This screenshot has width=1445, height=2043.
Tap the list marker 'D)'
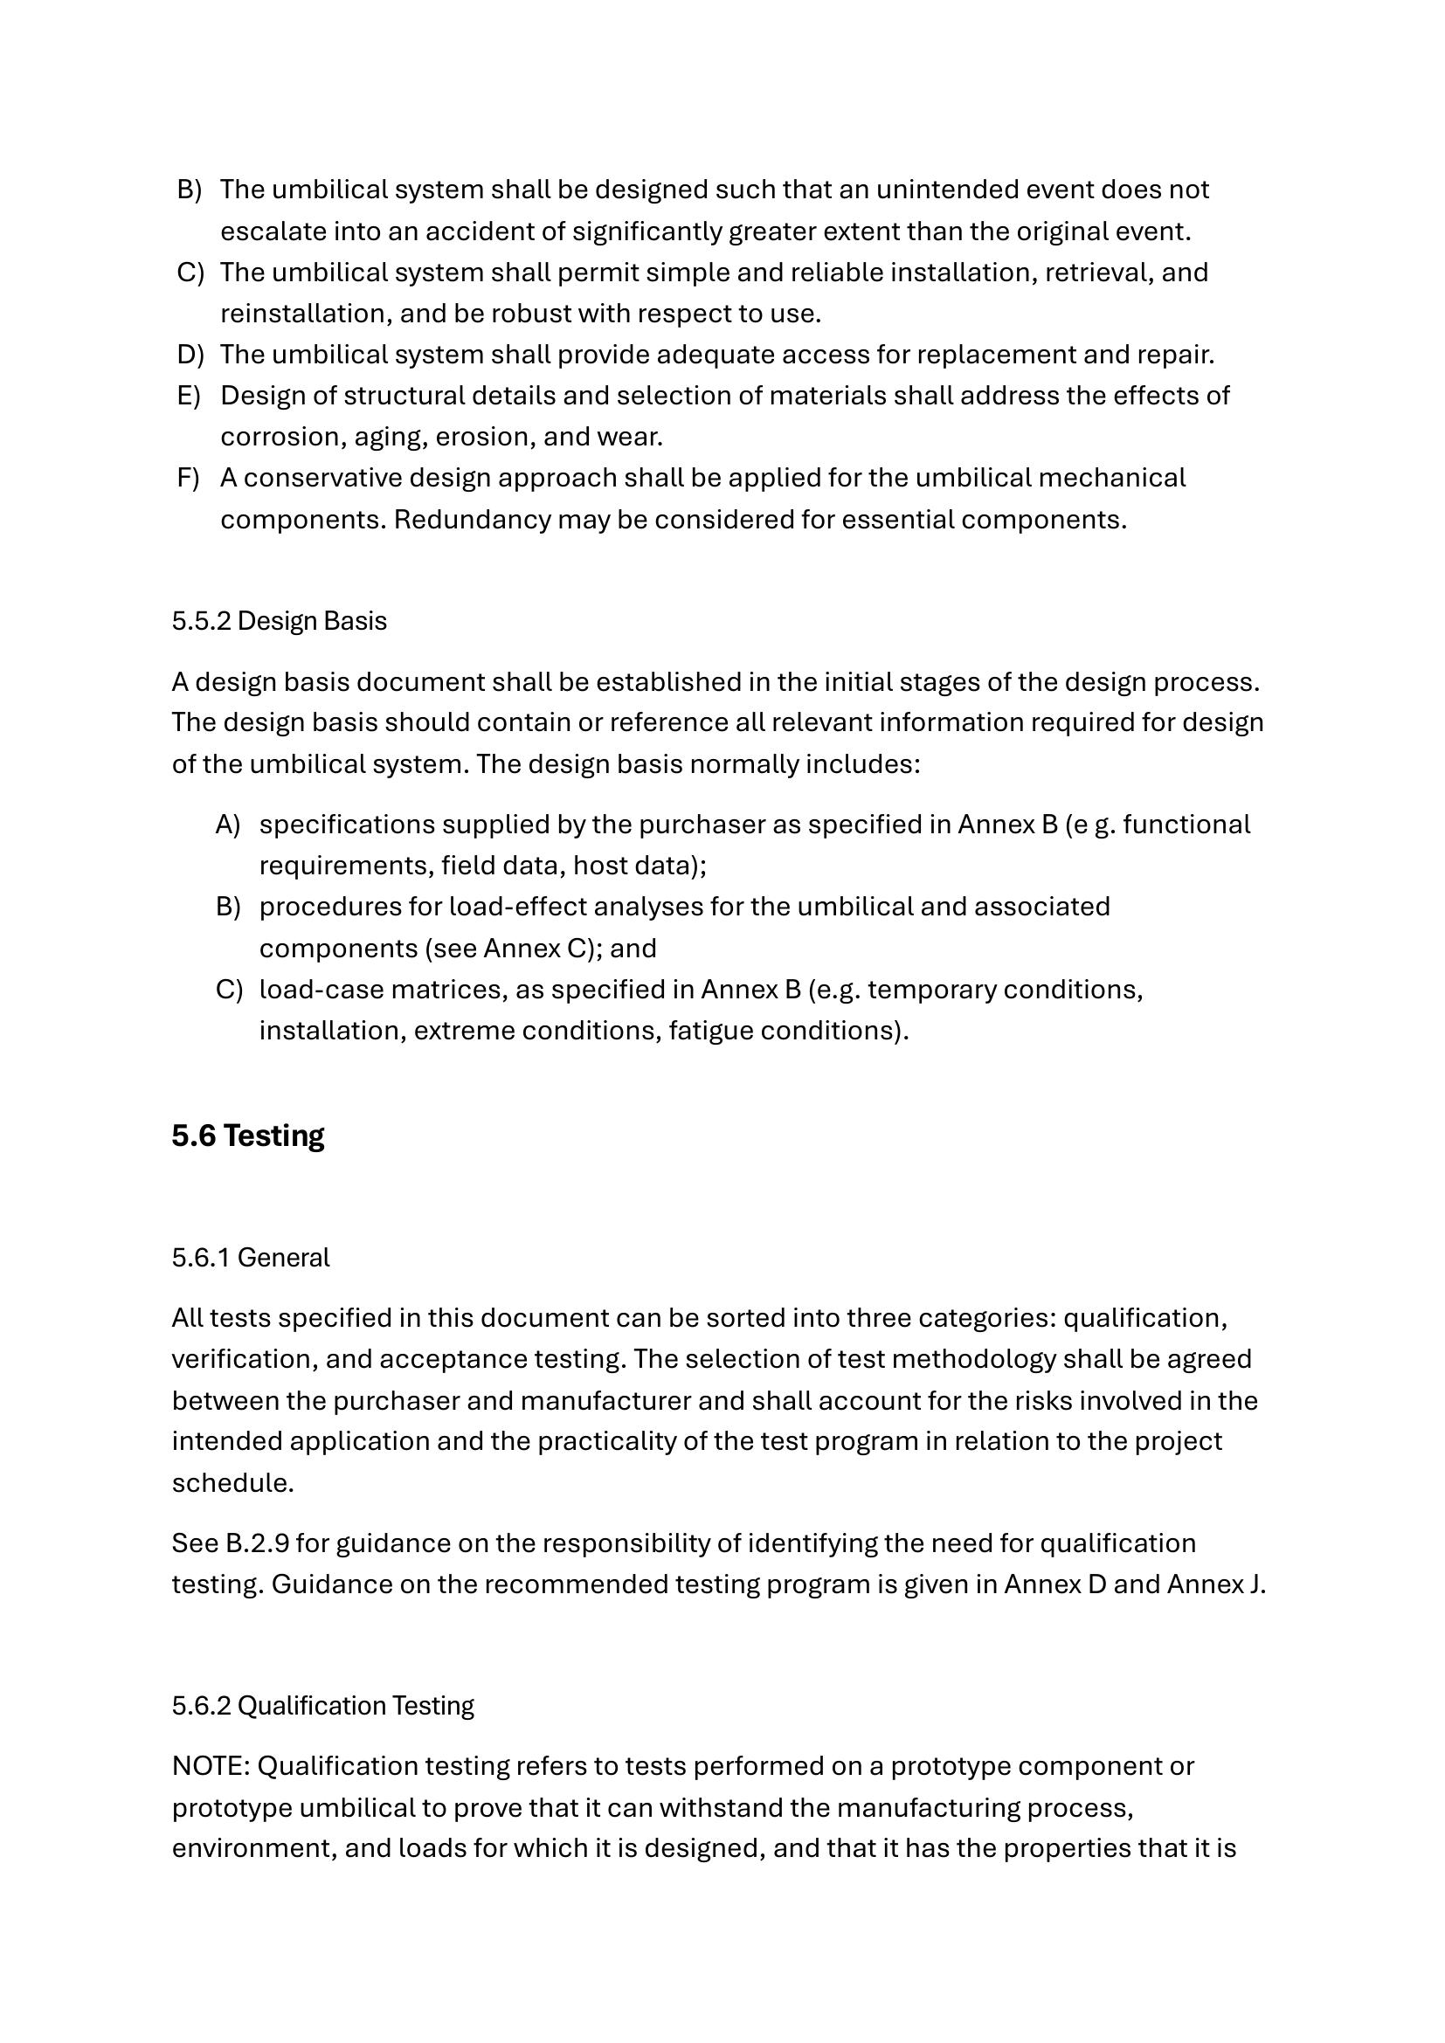pyautogui.click(x=190, y=354)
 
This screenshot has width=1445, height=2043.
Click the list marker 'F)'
pyautogui.click(x=189, y=478)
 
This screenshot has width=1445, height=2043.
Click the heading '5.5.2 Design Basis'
pyautogui.click(x=280, y=621)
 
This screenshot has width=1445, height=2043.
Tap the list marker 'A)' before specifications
pyautogui.click(x=228, y=825)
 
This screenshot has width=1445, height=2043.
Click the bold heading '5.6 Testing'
pyautogui.click(x=248, y=1136)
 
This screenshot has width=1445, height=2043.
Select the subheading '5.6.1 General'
pyautogui.click(x=251, y=1257)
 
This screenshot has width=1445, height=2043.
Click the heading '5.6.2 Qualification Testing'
pyautogui.click(x=323, y=1706)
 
